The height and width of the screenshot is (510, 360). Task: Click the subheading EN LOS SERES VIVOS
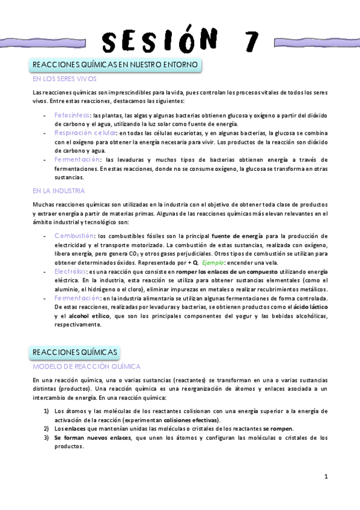(x=64, y=79)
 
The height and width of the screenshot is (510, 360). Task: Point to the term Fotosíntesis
(x=72, y=114)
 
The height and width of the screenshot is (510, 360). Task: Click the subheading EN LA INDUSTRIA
(x=59, y=191)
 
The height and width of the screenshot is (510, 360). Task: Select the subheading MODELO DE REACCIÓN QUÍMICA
(x=87, y=366)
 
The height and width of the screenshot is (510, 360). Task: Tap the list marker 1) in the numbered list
(x=46, y=411)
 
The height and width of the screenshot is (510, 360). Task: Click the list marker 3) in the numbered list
(x=46, y=438)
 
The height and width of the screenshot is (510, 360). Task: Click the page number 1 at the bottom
(x=325, y=478)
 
